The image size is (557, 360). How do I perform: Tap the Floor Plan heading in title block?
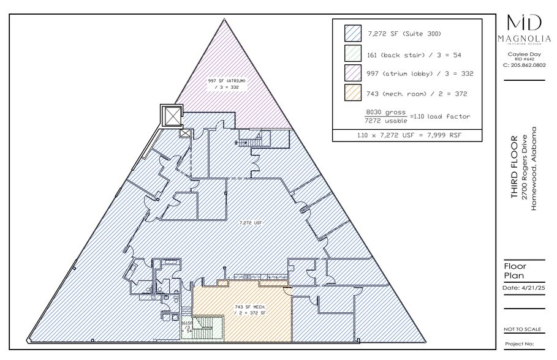515,271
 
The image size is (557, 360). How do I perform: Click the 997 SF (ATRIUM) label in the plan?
227,80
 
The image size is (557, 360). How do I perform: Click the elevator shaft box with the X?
172,115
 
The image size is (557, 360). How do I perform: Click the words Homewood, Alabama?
534,168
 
